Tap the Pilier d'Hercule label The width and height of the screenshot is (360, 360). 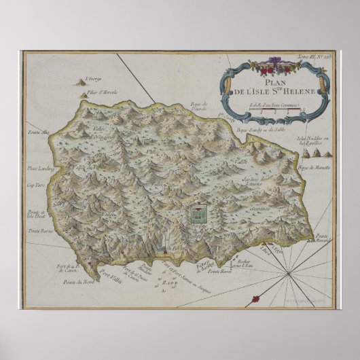click(97, 90)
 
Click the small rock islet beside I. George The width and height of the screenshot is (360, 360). click(82, 82)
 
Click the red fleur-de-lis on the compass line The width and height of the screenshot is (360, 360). click(256, 298)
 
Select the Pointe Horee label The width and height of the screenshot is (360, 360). click(219, 272)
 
